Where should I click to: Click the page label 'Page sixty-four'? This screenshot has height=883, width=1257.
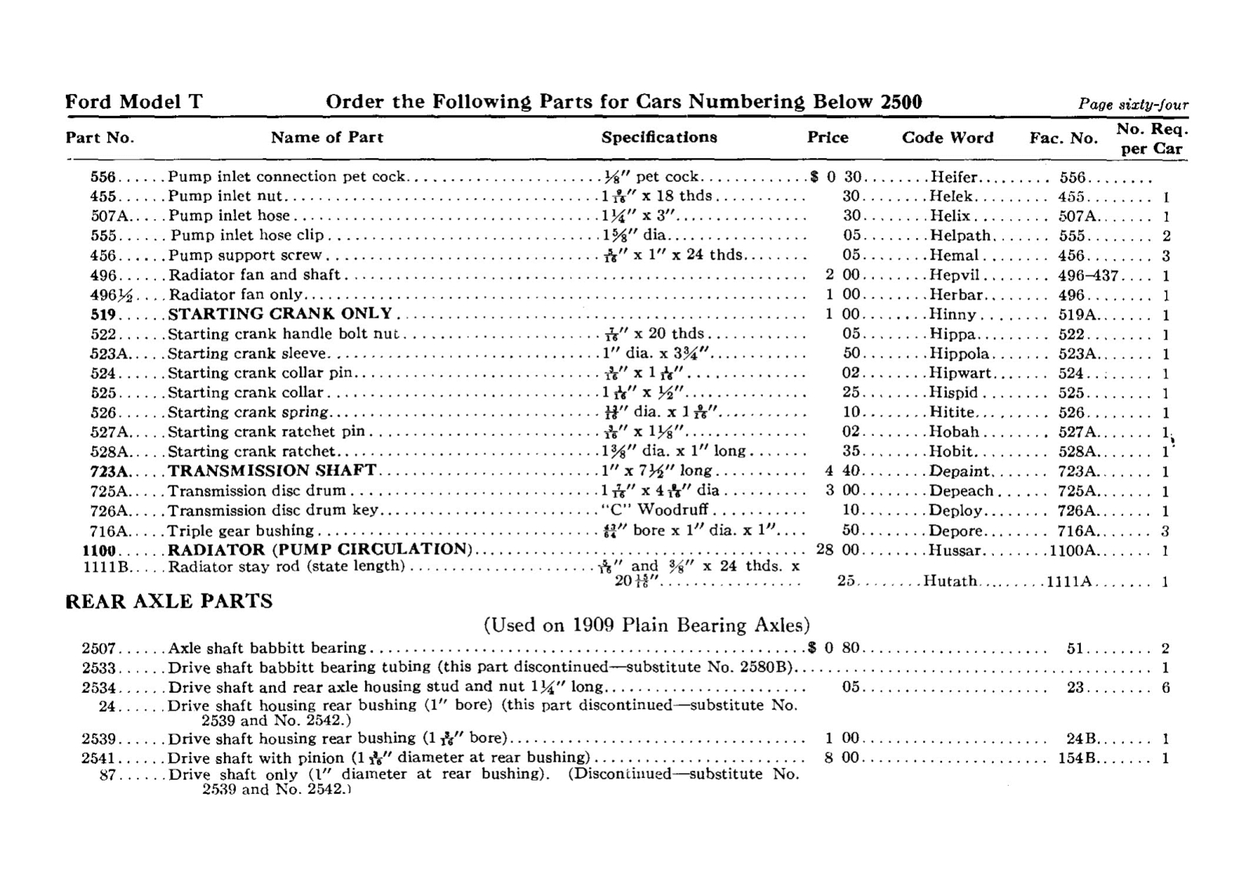(x=1132, y=105)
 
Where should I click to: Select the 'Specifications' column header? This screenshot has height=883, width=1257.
(x=659, y=137)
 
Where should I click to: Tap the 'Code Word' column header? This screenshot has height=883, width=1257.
(x=947, y=138)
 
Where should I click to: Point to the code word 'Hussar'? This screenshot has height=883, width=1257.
(x=955, y=550)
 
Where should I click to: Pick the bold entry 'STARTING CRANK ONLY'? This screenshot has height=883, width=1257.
(x=280, y=314)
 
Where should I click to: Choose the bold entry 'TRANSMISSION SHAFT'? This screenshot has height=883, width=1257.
(x=272, y=470)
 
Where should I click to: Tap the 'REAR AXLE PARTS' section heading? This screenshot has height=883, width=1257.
(x=169, y=601)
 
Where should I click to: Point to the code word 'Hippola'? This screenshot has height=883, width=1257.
(x=959, y=354)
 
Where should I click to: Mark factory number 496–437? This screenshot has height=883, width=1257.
(x=1089, y=276)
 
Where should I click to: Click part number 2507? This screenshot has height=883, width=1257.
(x=99, y=648)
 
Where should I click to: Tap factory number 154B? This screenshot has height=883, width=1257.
(x=1080, y=758)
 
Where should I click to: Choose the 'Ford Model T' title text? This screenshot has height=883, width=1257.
(x=134, y=102)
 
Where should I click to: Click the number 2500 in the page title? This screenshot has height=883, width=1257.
(x=901, y=102)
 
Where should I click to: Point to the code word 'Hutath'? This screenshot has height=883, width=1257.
(x=951, y=582)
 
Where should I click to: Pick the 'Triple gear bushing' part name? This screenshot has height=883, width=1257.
(x=240, y=531)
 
